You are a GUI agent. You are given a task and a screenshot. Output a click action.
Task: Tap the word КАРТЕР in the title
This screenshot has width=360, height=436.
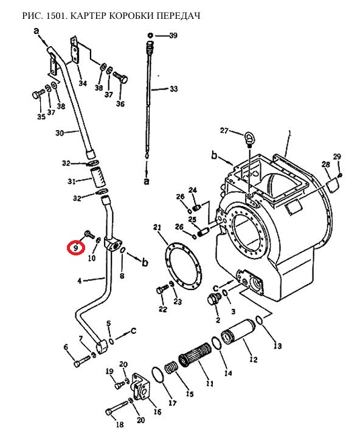[x=88, y=16]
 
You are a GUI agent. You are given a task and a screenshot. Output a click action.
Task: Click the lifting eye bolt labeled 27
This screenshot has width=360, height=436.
[x=248, y=138]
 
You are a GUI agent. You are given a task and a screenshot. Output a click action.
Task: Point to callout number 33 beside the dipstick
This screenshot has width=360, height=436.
[x=173, y=89]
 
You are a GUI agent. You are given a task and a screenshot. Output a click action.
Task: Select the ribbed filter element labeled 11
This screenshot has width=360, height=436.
[x=195, y=355]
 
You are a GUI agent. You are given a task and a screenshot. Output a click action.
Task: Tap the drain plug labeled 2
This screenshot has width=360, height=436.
[x=214, y=299]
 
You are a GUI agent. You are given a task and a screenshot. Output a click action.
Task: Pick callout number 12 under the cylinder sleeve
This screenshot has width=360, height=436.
[x=253, y=359]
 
